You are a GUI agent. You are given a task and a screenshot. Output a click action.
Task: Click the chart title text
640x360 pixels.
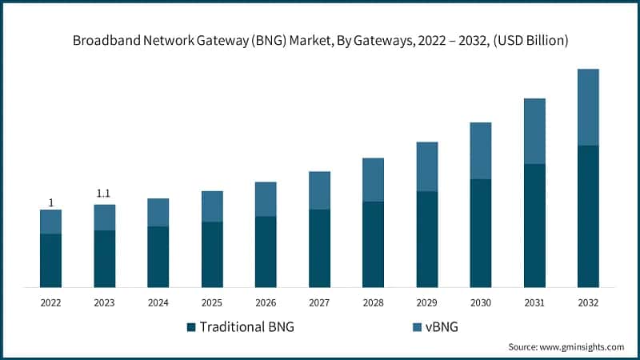[320, 41]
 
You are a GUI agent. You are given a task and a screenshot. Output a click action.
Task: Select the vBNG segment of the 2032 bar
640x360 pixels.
[588, 107]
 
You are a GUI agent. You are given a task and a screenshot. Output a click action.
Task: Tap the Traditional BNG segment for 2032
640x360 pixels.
[588, 216]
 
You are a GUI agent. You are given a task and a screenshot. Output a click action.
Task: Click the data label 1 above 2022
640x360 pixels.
[51, 203]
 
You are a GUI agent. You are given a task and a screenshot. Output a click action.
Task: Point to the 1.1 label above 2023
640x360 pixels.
[104, 194]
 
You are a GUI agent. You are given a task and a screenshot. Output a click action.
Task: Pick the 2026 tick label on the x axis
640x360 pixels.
[266, 303]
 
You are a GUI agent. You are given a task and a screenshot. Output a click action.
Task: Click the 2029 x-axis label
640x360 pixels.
[426, 303]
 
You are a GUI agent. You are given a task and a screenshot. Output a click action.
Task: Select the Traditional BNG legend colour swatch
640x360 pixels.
[191, 327]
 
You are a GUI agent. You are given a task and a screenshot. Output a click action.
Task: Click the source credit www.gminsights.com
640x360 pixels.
[566, 346]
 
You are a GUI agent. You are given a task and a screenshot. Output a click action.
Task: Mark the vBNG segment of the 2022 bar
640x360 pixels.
[51, 222]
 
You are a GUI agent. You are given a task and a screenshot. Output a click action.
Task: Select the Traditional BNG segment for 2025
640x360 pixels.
[212, 254]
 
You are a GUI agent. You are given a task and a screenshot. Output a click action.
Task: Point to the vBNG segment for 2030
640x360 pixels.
[481, 150]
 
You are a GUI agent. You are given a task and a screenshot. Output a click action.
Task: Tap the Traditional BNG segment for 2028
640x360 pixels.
[373, 244]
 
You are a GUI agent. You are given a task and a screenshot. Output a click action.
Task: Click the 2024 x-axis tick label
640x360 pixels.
[158, 303]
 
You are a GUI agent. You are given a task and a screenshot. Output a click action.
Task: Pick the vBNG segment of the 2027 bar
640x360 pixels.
[319, 190]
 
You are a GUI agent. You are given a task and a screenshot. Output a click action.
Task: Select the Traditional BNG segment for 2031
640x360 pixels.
[534, 226]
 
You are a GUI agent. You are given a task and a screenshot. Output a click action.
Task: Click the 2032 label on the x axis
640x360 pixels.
[588, 303]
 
